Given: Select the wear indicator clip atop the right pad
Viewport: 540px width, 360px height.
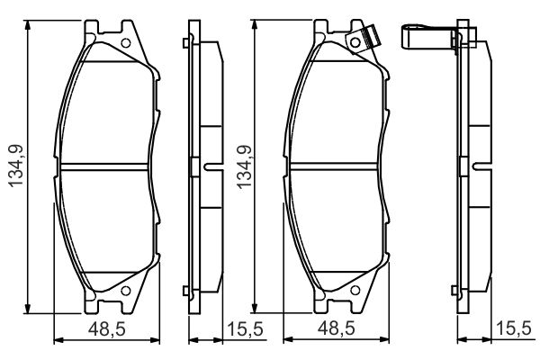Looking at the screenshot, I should point(366,39).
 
